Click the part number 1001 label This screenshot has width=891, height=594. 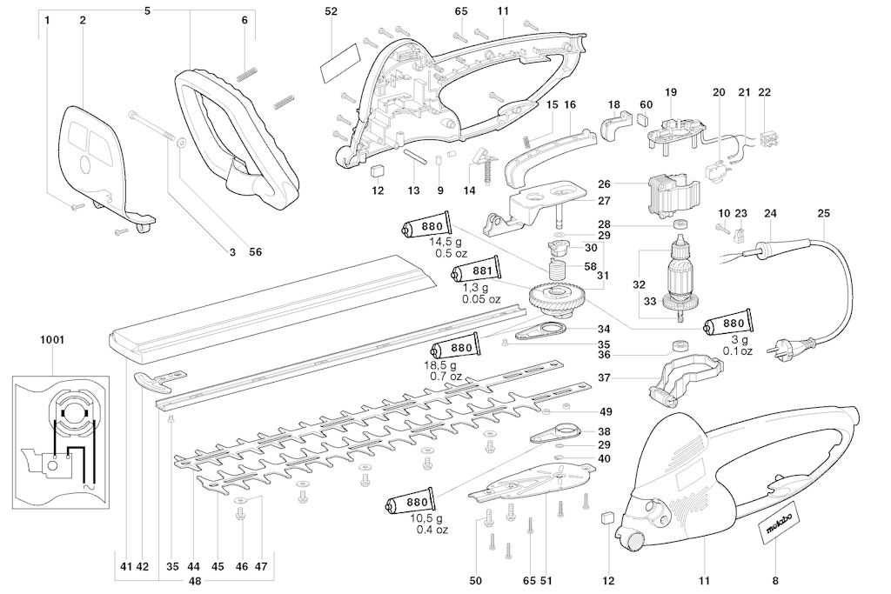click(51, 340)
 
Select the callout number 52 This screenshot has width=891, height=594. click(331, 11)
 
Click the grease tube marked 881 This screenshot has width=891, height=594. click(477, 272)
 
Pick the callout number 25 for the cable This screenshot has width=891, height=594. click(823, 213)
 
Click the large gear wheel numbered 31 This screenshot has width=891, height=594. click(558, 297)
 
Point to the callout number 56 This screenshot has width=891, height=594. click(255, 252)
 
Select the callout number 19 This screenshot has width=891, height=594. click(671, 92)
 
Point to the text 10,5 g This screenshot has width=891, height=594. click(432, 518)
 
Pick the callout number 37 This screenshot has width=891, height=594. click(603, 378)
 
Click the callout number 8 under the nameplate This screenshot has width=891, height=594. click(774, 580)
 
